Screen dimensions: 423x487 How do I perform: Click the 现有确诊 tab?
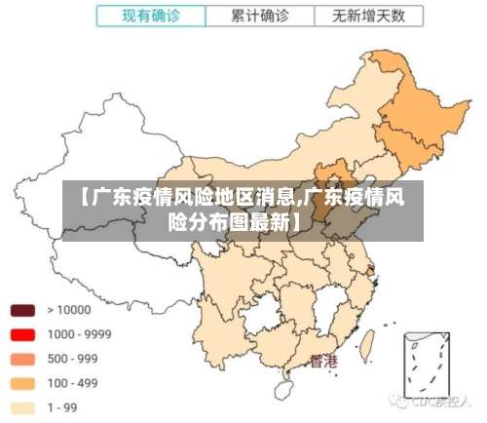[151, 17]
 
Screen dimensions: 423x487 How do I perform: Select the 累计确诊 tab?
[260, 17]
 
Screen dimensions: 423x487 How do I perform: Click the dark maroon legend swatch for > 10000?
[23, 311]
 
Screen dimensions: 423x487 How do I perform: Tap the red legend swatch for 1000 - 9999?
[23, 334]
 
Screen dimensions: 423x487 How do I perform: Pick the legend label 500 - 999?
[73, 358]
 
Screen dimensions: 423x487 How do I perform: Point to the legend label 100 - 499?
[73, 383]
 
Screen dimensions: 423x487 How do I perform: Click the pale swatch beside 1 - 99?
[23, 407]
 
